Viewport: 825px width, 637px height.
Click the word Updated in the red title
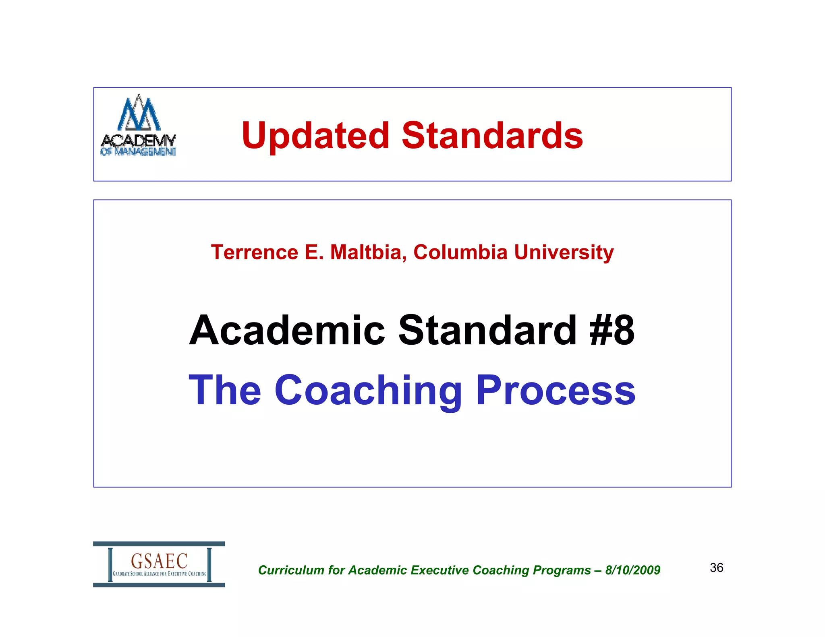click(315, 136)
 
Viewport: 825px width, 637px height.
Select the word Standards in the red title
click(492, 136)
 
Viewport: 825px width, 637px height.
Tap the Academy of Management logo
click(138, 126)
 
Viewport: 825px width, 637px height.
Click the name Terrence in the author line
click(255, 252)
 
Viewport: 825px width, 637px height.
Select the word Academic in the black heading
click(287, 330)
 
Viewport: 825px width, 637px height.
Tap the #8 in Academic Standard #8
click(612, 330)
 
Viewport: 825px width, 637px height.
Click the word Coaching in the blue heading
click(368, 391)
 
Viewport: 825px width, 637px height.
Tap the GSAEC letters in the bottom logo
click(159, 560)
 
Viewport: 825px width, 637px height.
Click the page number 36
click(716, 568)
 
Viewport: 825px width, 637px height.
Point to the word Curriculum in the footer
click(291, 570)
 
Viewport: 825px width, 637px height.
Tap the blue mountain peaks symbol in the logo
click(139, 113)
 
